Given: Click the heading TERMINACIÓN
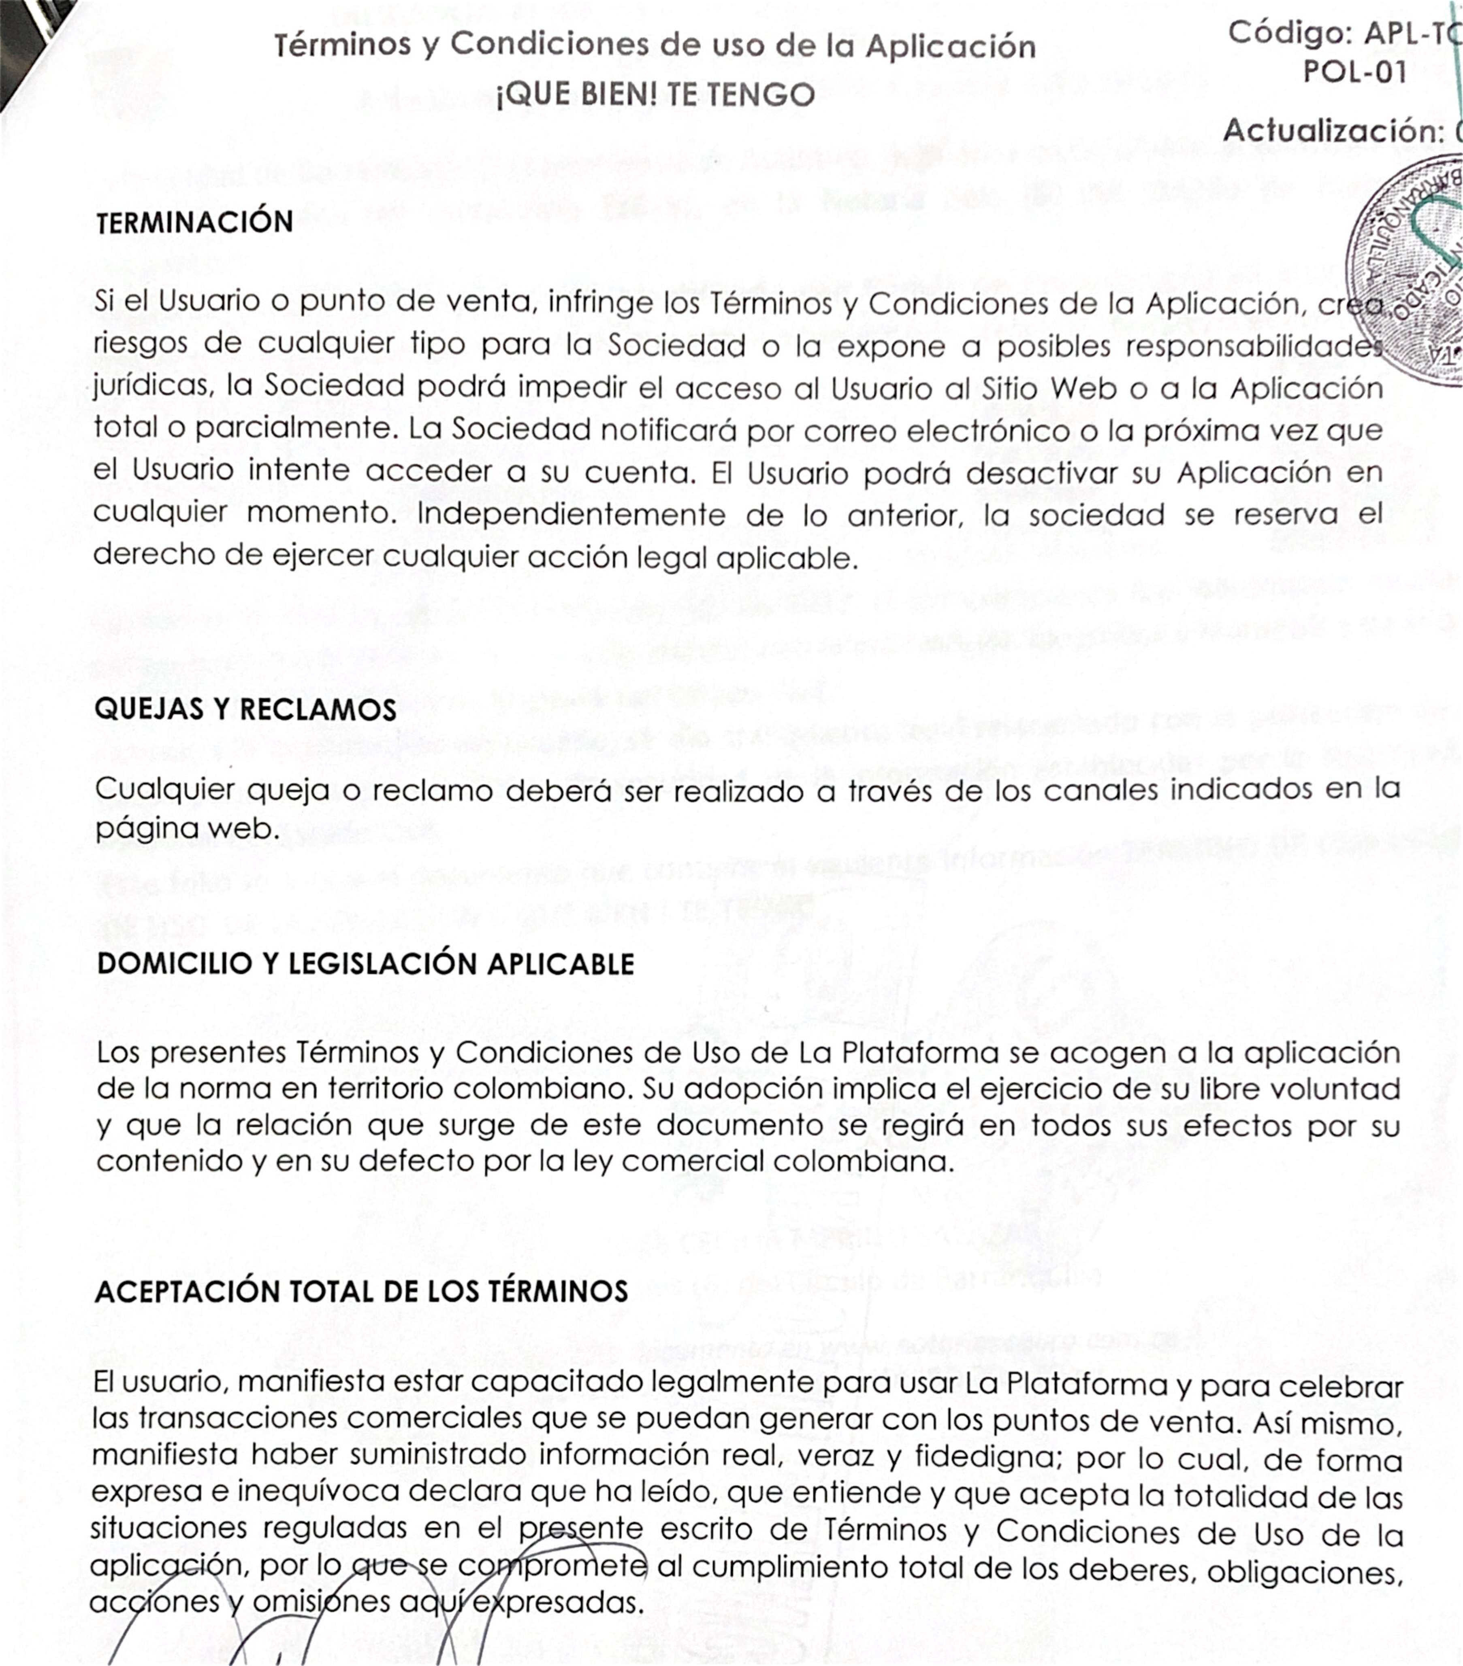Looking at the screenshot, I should point(194,222).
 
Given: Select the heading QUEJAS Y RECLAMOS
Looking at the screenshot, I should point(245,709).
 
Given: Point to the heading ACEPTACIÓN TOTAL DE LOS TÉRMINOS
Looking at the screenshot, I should point(361,1292).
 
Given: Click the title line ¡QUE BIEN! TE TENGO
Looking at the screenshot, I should point(656,95).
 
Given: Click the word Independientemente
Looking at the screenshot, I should point(571,515).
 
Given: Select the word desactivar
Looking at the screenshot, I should point(1043,473).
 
